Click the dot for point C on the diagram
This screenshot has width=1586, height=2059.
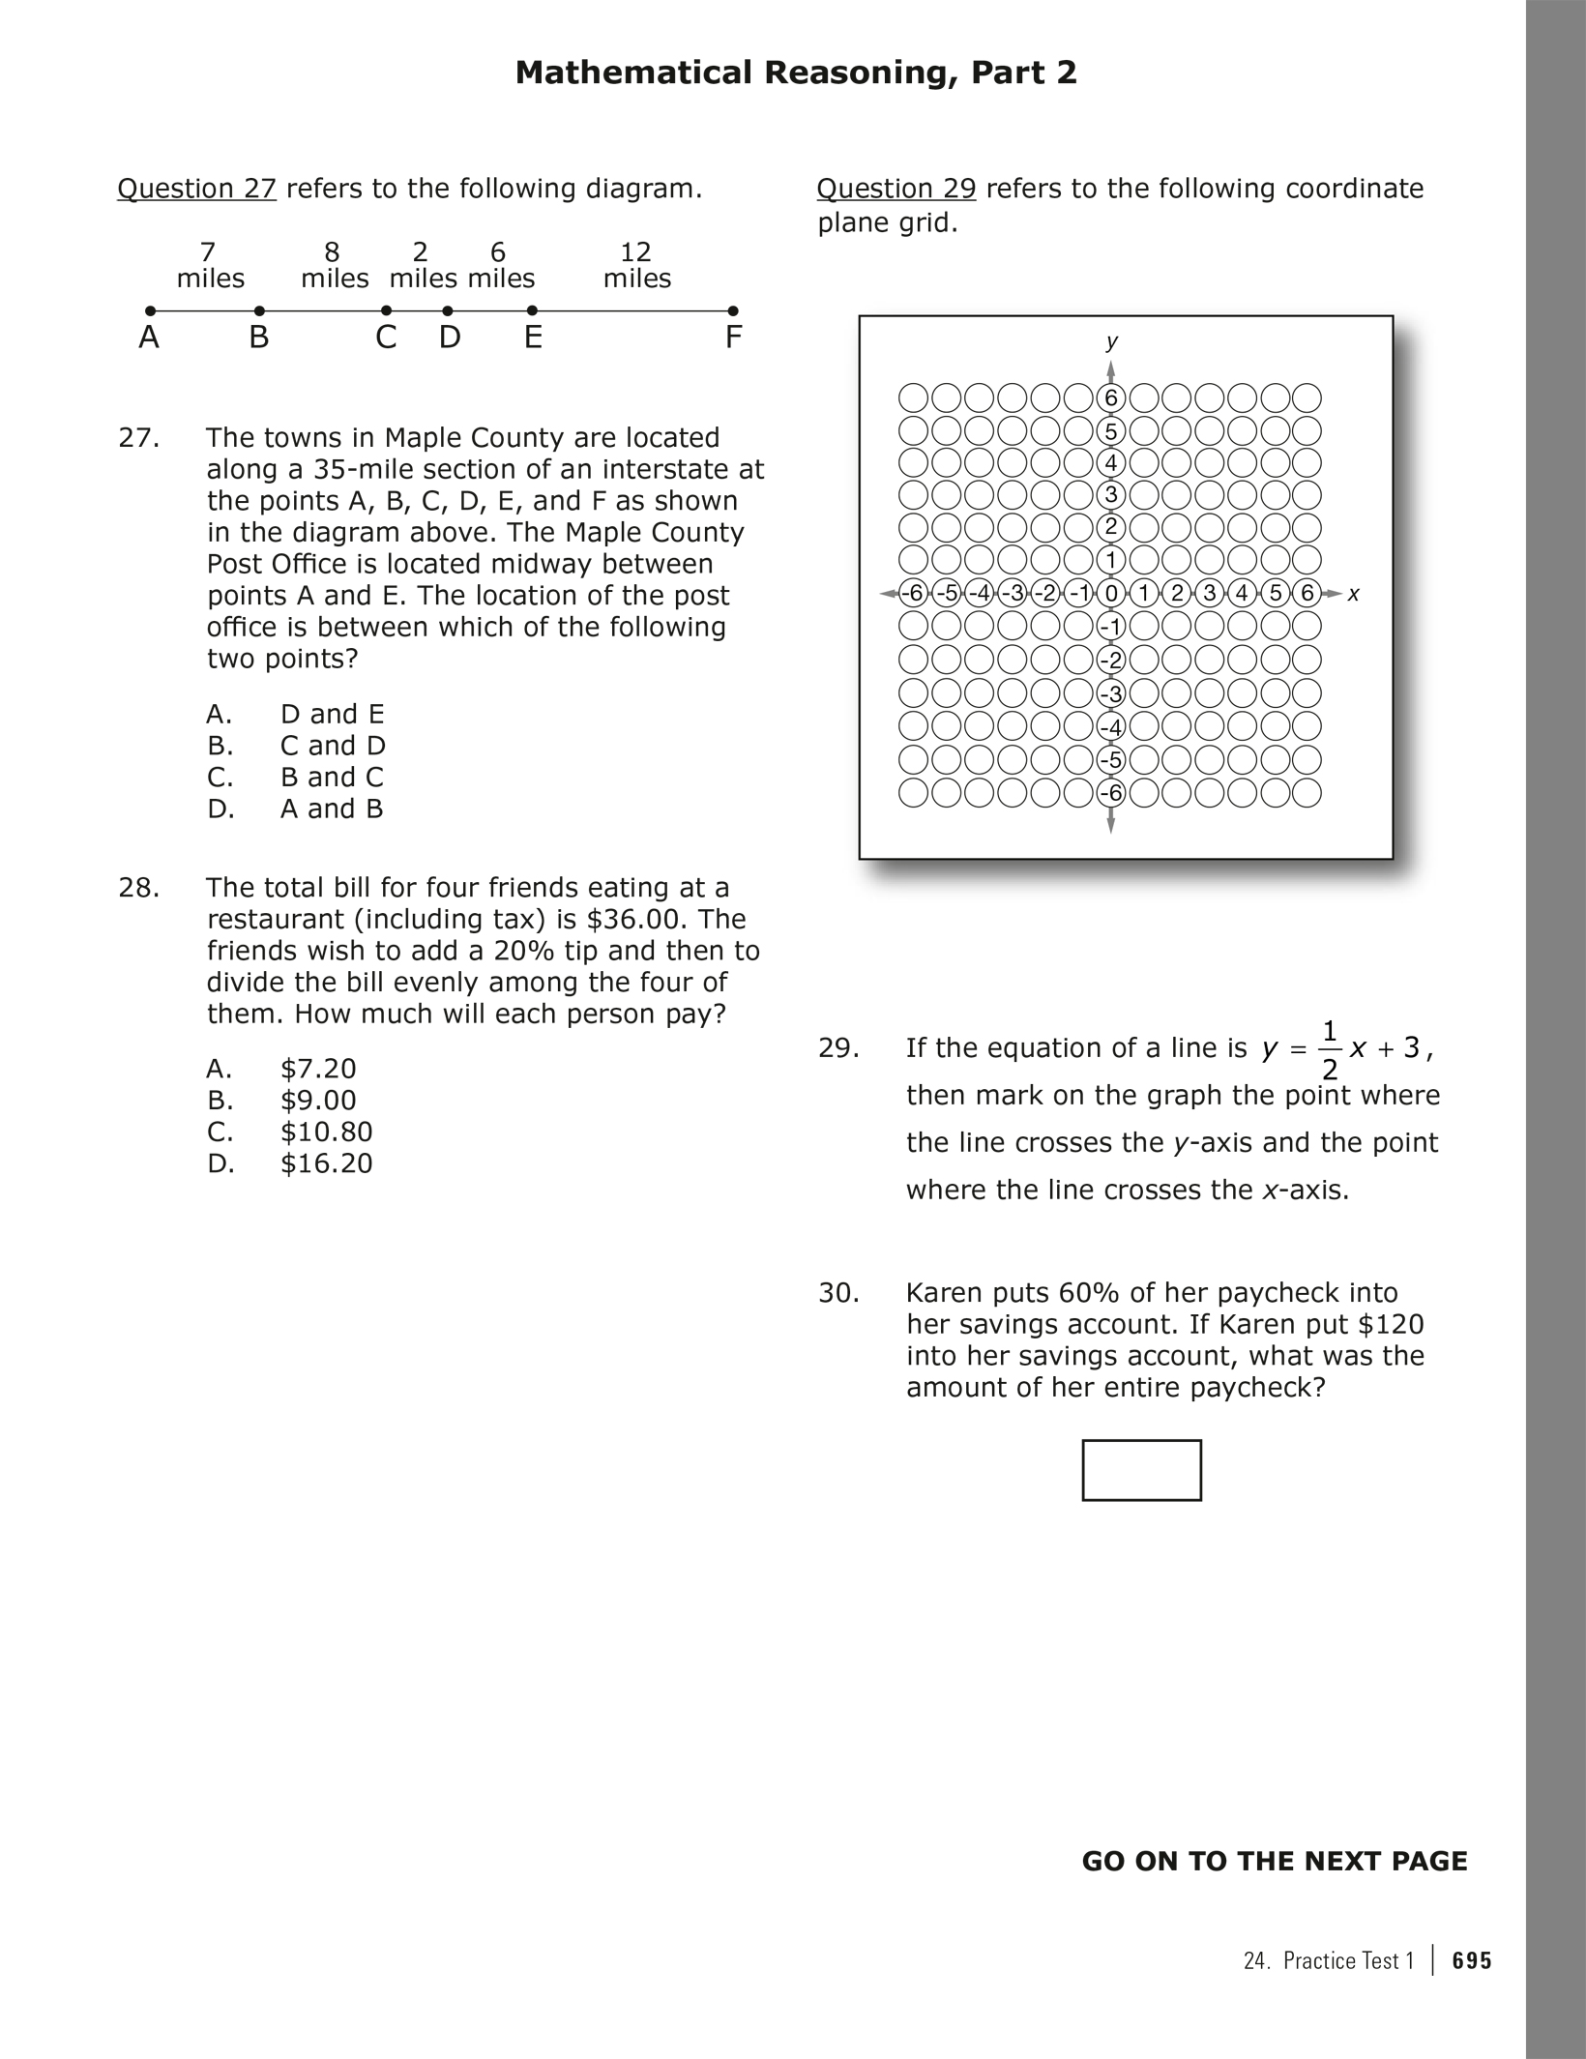tap(386, 310)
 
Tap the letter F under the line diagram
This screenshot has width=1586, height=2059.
tap(733, 338)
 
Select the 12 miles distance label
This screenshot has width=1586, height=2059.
tap(636, 266)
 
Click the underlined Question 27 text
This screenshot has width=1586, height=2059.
tap(196, 189)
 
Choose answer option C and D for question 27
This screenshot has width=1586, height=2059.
tap(333, 746)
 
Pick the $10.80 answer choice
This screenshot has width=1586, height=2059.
tap(326, 1132)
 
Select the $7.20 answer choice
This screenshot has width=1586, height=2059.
tap(318, 1069)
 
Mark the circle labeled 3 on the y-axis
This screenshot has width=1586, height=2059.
tap(1111, 495)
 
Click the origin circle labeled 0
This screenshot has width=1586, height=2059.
tap(1111, 593)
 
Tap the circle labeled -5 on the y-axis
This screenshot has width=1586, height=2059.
tap(1111, 760)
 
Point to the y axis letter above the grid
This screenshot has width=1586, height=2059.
tap(1112, 341)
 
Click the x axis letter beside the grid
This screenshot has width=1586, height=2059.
tap(1353, 594)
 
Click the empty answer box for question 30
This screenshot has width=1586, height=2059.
tap(1141, 1470)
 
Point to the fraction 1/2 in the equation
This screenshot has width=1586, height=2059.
tap(1330, 1049)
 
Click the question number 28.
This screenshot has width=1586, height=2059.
tap(138, 888)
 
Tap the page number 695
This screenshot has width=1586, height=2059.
tap(1472, 1960)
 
